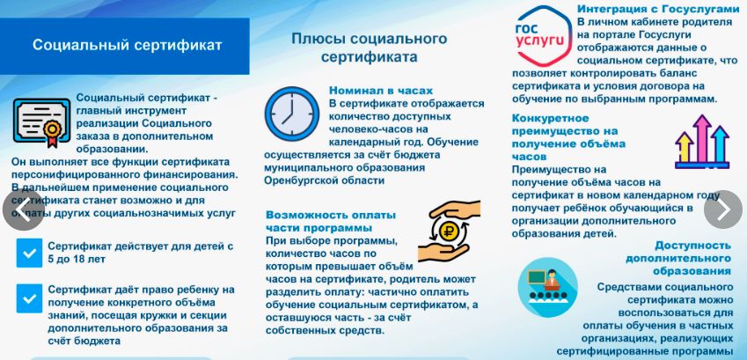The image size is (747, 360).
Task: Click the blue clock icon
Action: click(x=291, y=114)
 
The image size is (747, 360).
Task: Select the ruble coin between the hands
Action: click(x=449, y=231)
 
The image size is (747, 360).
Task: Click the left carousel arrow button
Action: click(x=24, y=209)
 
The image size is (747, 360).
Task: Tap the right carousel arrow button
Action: click(x=723, y=209)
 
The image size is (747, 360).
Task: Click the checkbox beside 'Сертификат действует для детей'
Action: click(x=29, y=253)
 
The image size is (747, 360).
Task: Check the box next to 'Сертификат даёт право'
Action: click(x=29, y=298)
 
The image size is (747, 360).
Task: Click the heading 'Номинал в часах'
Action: click(x=381, y=91)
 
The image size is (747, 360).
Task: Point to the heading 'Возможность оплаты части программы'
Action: click(x=331, y=221)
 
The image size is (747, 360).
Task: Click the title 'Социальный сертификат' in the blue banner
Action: click(x=128, y=45)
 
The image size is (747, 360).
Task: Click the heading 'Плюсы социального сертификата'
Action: click(x=370, y=48)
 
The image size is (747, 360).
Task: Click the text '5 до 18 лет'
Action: click(x=77, y=260)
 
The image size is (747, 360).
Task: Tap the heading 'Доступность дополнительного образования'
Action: click(x=678, y=258)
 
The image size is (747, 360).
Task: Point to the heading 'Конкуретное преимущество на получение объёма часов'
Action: click(x=568, y=137)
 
